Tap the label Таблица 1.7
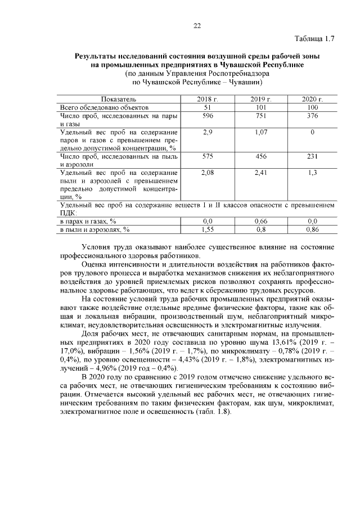[314, 39]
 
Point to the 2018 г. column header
[207, 99]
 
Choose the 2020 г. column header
[312, 99]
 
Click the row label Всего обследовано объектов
[103, 107]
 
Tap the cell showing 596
[207, 115]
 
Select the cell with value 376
[312, 115]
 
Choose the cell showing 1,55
[207, 229]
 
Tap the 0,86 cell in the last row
[312, 229]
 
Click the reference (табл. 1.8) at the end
[206, 411]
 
